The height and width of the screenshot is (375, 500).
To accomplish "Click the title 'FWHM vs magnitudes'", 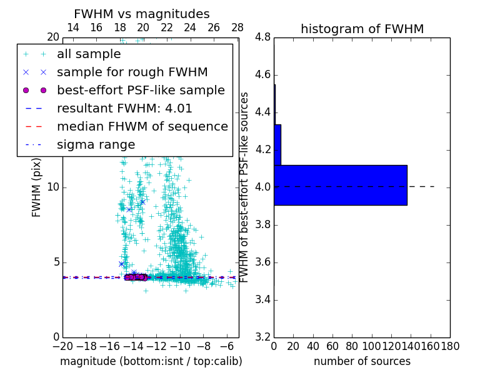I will pos(142,14).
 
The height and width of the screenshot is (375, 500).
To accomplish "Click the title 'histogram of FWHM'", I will pos(362,29).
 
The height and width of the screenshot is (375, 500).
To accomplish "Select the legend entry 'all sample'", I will pos(89,54).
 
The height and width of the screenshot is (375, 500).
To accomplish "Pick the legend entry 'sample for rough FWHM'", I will pos(132,72).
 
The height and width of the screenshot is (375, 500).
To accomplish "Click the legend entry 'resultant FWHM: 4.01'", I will pos(124,109).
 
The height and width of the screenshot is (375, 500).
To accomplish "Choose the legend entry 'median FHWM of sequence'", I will pos(142,127).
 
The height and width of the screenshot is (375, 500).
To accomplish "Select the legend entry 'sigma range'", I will pos(96,145).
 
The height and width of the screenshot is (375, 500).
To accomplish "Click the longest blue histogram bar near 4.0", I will pos(341,185).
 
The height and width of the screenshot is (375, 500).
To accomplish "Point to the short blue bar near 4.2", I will pos(277,144).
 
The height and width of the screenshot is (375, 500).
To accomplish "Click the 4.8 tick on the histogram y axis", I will pos(263,37).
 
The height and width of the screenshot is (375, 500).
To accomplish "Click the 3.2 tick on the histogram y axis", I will pos(263,337).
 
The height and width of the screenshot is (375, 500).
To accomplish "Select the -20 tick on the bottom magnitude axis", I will pos(62,346).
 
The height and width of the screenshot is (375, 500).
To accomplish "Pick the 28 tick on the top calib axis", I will pos(237,28).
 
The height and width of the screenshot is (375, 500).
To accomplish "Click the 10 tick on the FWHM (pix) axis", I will pos(53,187).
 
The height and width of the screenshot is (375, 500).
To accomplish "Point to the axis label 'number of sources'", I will pos(362,361).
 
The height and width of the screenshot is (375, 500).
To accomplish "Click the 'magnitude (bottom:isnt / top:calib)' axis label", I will pos(151,361).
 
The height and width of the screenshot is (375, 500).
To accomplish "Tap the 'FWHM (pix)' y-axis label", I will pos(37,187).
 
